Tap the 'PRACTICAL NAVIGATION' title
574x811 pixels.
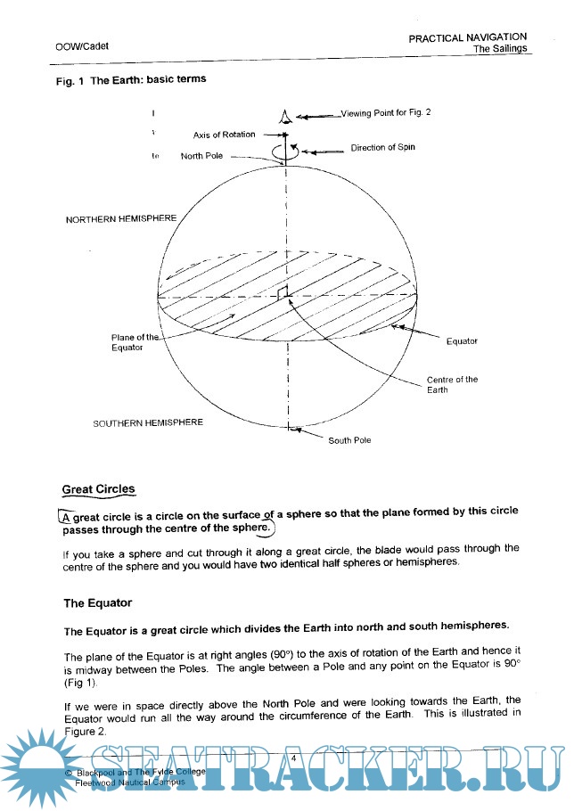pyautogui.click(x=473, y=37)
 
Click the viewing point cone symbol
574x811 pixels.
pyautogui.click(x=285, y=117)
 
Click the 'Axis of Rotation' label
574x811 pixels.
pyautogui.click(x=224, y=135)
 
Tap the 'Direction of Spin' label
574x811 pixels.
pyautogui.click(x=382, y=147)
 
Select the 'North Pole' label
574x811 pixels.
pyautogui.click(x=202, y=156)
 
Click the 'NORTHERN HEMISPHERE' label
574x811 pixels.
pyautogui.click(x=121, y=219)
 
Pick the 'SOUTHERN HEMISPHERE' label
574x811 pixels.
pyautogui.click(x=148, y=422)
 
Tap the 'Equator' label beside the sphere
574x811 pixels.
pyautogui.click(x=462, y=340)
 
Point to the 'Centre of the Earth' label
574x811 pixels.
pyautogui.click(x=451, y=385)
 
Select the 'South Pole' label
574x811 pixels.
pyautogui.click(x=349, y=440)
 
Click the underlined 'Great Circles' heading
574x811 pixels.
pyautogui.click(x=99, y=489)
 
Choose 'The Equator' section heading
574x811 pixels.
pyautogui.click(x=97, y=603)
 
